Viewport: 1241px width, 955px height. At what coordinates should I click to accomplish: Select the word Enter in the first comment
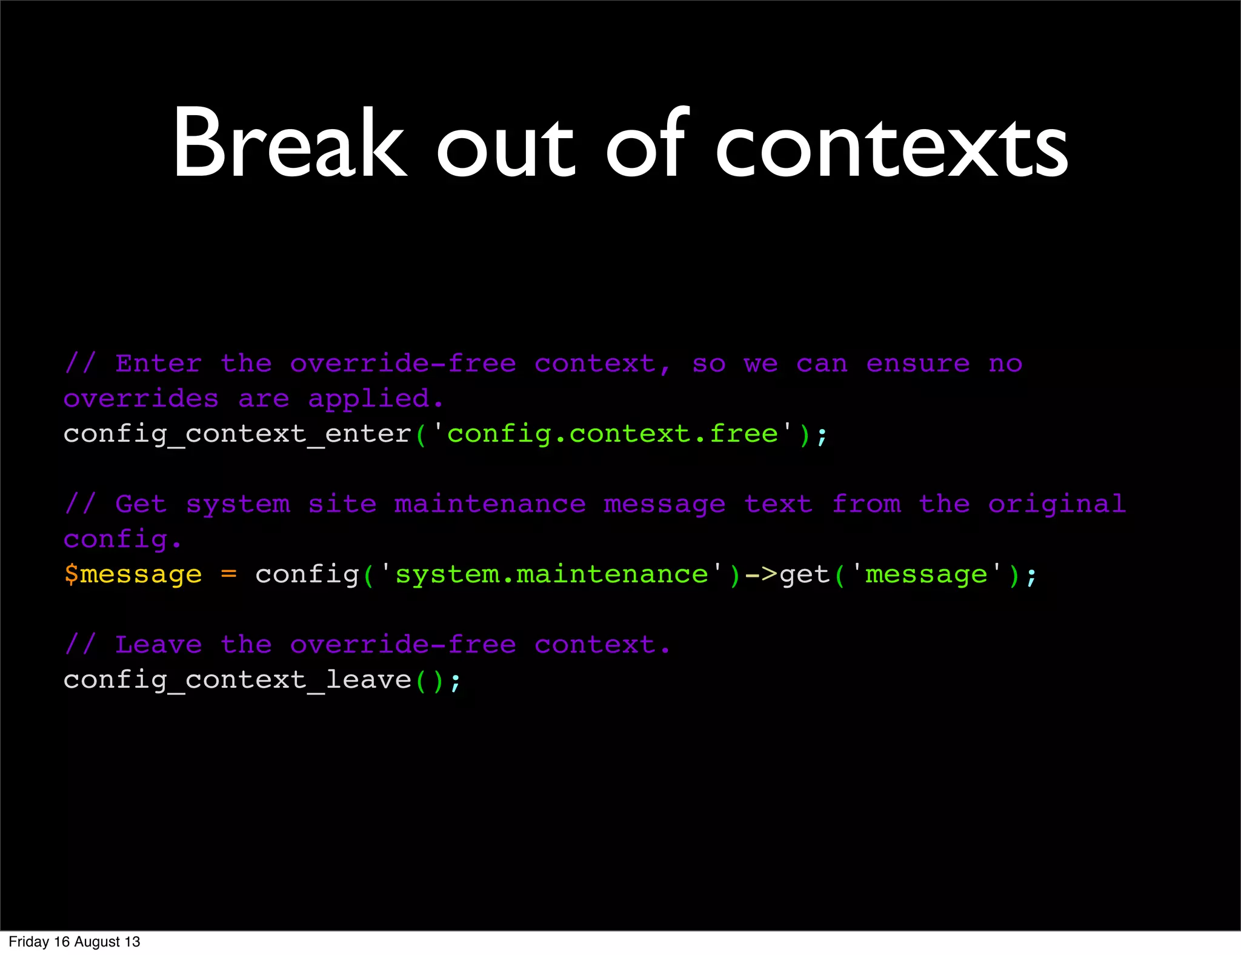point(158,364)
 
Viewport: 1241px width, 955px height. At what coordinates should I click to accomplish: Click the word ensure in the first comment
point(918,364)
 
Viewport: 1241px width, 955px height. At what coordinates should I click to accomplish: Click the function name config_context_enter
point(238,434)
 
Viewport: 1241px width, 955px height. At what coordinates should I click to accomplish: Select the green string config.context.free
point(613,434)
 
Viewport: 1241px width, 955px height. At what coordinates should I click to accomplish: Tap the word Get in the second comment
point(141,504)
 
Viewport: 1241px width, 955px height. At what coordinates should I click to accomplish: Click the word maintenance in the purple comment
point(490,504)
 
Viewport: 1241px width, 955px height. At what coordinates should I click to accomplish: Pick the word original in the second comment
point(1057,504)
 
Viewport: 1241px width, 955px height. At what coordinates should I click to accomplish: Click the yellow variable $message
point(133,574)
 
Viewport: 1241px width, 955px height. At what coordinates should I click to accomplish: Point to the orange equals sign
point(229,574)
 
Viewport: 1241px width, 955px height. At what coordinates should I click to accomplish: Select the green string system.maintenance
point(551,574)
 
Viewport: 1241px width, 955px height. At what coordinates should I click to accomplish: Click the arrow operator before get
point(760,574)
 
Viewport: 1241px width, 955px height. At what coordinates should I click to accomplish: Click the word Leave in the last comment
point(158,645)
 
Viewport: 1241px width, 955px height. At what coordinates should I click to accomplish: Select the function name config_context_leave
point(238,680)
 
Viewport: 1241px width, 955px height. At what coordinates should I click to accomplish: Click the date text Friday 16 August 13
point(75,942)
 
